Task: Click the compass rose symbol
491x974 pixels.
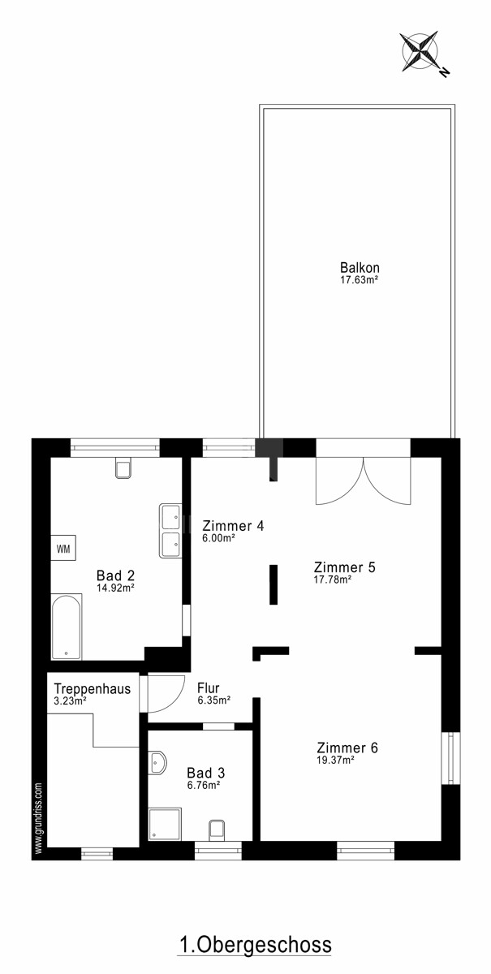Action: pos(420,51)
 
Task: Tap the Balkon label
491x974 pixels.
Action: pos(360,267)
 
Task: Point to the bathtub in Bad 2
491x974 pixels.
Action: pos(66,626)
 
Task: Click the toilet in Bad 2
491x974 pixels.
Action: pos(123,468)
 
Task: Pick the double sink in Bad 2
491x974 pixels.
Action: pos(170,531)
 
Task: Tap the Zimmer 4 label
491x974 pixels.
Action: pos(233,526)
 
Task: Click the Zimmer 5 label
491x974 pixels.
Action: pos(344,567)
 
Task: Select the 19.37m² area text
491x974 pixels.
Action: pos(335,760)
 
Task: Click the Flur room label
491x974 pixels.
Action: pos(209,688)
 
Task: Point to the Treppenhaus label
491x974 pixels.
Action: pos(93,689)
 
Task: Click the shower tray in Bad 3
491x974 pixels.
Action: pos(165,824)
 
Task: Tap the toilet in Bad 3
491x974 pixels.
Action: pos(216,830)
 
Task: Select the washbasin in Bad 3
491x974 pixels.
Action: pos(157,763)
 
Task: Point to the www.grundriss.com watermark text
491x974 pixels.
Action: pos(39,818)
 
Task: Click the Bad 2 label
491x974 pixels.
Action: pos(115,575)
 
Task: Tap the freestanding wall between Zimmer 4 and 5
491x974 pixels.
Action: pos(273,584)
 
